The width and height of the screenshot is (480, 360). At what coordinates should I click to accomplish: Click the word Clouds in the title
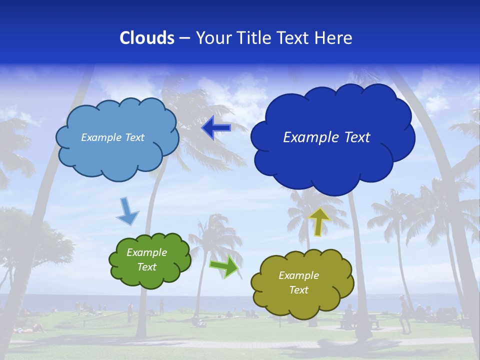(146, 38)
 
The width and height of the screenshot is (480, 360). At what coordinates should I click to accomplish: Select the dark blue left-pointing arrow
(216, 128)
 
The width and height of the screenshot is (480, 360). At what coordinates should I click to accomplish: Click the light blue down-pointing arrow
(127, 211)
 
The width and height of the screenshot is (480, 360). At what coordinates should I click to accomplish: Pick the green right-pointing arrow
(224, 266)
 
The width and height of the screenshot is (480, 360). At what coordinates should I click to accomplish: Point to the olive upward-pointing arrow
(318, 221)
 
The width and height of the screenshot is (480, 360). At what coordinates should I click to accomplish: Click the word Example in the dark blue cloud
(308, 137)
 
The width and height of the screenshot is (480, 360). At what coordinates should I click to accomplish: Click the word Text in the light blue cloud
(134, 137)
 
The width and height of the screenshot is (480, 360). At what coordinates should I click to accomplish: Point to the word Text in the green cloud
(147, 267)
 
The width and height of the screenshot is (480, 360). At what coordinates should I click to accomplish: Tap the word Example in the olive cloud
(298, 275)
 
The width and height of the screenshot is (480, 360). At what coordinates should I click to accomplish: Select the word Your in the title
(212, 38)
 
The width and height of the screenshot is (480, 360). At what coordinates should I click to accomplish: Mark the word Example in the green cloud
(147, 253)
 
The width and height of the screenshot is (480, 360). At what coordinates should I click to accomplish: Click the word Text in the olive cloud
(298, 290)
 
